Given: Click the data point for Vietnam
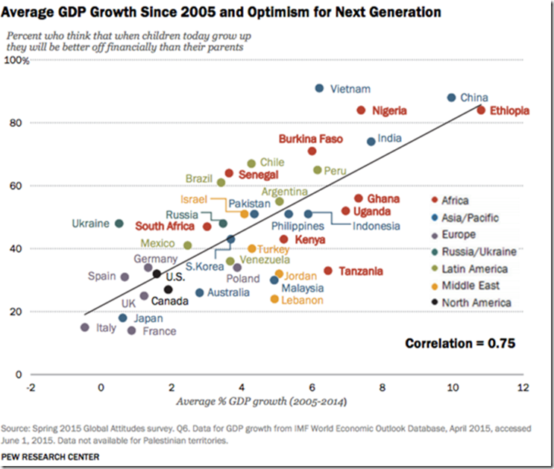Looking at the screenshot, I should click(319, 88).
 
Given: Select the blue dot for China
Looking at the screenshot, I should click(451, 98).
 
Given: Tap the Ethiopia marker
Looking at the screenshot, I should click(481, 110).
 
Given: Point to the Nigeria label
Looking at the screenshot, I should click(390, 110).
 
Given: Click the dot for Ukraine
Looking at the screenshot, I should click(119, 223).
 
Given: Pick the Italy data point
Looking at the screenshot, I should click(84, 327).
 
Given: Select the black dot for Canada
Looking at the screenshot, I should click(169, 289).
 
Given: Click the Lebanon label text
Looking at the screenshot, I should click(302, 300).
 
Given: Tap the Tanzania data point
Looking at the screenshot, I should click(328, 271).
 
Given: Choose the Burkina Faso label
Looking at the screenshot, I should click(310, 139).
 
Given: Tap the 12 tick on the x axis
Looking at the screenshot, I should click(523, 388).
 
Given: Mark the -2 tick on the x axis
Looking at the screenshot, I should click(31, 388).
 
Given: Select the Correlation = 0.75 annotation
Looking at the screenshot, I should click(460, 344).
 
